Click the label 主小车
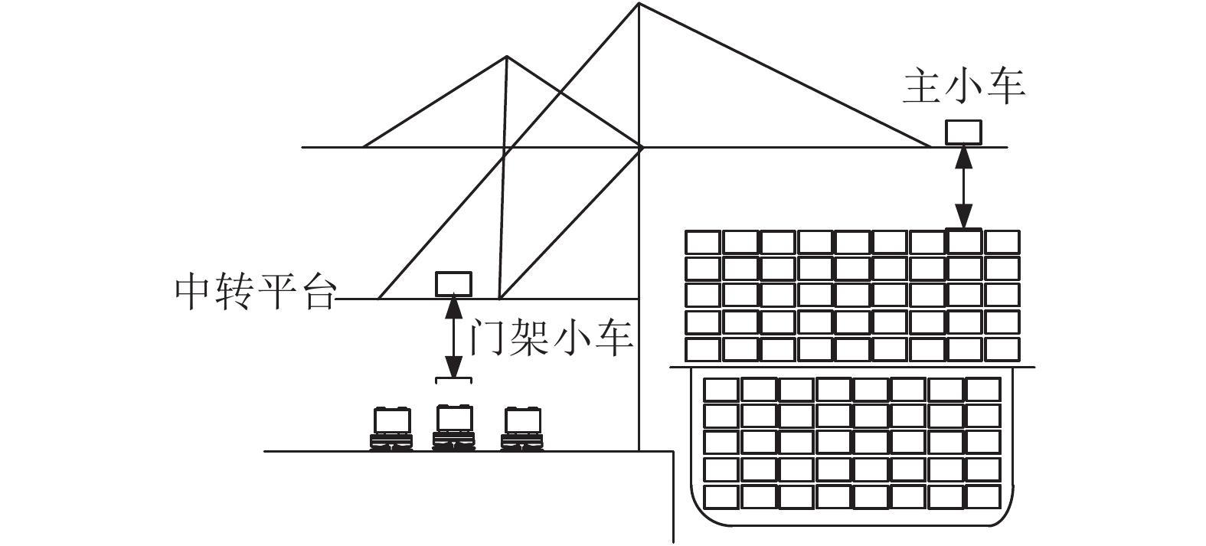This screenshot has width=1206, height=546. tap(963, 87)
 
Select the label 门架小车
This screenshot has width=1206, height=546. tap(551, 338)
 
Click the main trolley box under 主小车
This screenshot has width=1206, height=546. tap(964, 132)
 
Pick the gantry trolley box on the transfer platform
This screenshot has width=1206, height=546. tap(453, 284)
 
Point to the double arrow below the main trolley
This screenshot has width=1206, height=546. tap(964, 188)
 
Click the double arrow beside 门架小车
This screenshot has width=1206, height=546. tap(454, 338)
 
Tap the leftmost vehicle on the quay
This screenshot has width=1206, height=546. tap(391, 429)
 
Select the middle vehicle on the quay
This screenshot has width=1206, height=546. tap(454, 427)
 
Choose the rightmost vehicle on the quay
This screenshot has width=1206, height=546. tap(521, 429)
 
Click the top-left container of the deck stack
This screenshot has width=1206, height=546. tap(703, 242)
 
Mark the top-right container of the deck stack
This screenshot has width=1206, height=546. tap(1002, 242)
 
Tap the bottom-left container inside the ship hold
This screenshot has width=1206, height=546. tap(721, 497)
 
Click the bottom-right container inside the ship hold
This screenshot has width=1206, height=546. tap(984, 497)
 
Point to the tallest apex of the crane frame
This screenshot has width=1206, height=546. tap(639, 3)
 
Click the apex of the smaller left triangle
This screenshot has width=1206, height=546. tap(507, 56)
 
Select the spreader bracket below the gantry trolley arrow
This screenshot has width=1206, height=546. tap(453, 380)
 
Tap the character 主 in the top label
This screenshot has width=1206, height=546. tap(921, 87)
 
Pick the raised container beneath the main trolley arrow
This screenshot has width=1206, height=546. tap(964, 240)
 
